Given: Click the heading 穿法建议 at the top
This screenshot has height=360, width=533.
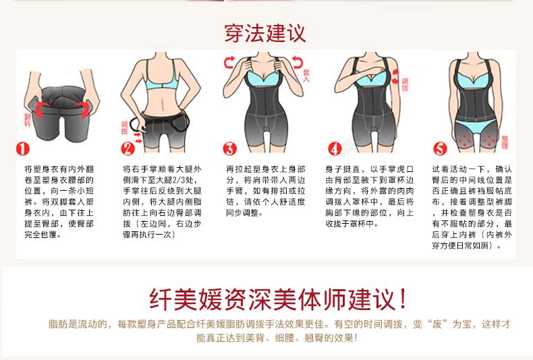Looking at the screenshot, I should [x=265, y=32].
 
